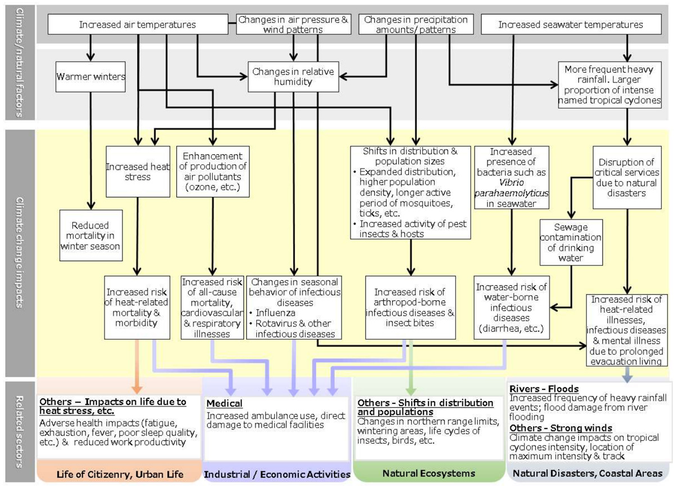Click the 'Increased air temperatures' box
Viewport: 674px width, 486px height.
(137, 25)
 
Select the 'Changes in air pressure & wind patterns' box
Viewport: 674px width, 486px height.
(293, 24)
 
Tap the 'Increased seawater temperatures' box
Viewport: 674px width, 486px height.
(570, 25)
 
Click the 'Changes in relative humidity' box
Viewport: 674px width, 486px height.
(293, 77)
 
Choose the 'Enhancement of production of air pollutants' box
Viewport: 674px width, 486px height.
(212, 172)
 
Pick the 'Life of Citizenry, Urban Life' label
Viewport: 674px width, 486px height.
(120, 474)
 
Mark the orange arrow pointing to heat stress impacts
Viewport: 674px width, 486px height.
(135, 368)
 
